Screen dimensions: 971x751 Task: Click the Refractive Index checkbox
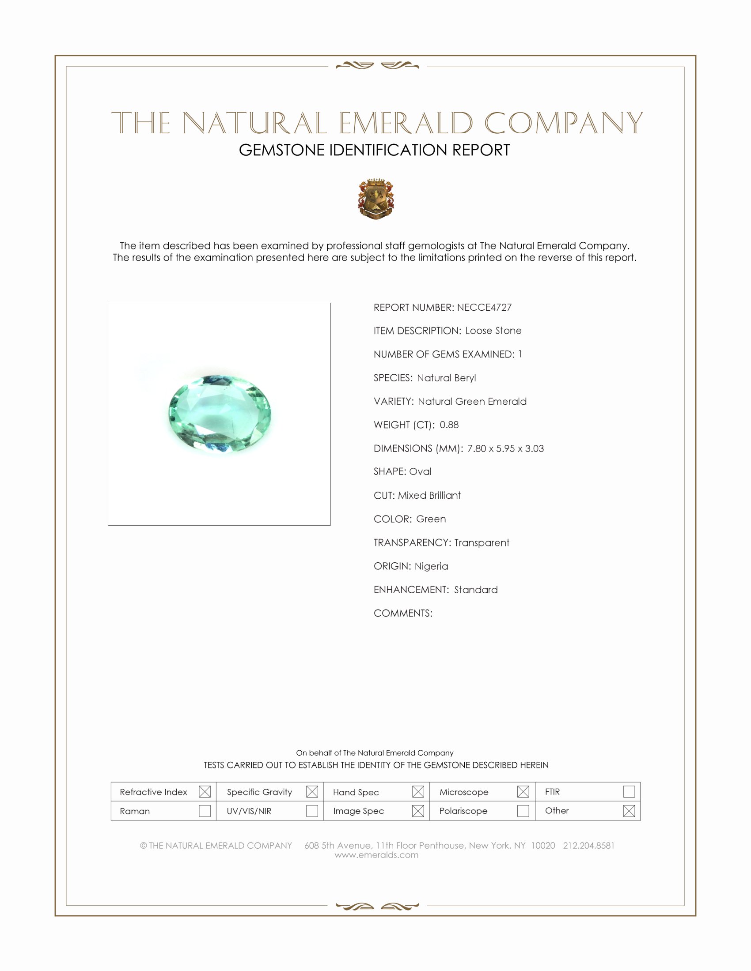click(205, 791)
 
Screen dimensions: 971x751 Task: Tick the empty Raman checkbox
click(205, 810)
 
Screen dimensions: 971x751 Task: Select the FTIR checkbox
click(629, 791)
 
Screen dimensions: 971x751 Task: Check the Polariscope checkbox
click(523, 810)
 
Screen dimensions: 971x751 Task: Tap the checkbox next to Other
click(629, 810)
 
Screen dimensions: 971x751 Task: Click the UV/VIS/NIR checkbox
click(312, 810)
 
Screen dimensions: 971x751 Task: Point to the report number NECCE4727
click(484, 307)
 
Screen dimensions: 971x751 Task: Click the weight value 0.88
click(449, 425)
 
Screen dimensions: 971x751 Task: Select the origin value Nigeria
click(431, 566)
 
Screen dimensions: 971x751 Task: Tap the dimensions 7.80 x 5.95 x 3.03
click(505, 448)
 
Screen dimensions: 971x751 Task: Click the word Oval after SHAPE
click(420, 471)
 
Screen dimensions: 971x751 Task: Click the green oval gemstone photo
click(220, 414)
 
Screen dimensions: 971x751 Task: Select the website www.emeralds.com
click(376, 854)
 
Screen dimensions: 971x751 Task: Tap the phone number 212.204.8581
click(588, 845)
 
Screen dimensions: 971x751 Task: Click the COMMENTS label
click(402, 613)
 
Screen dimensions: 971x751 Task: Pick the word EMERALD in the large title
click(406, 123)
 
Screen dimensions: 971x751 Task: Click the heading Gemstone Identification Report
click(374, 150)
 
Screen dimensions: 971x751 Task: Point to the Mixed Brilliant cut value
click(429, 495)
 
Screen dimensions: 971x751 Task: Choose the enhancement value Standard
click(476, 590)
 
